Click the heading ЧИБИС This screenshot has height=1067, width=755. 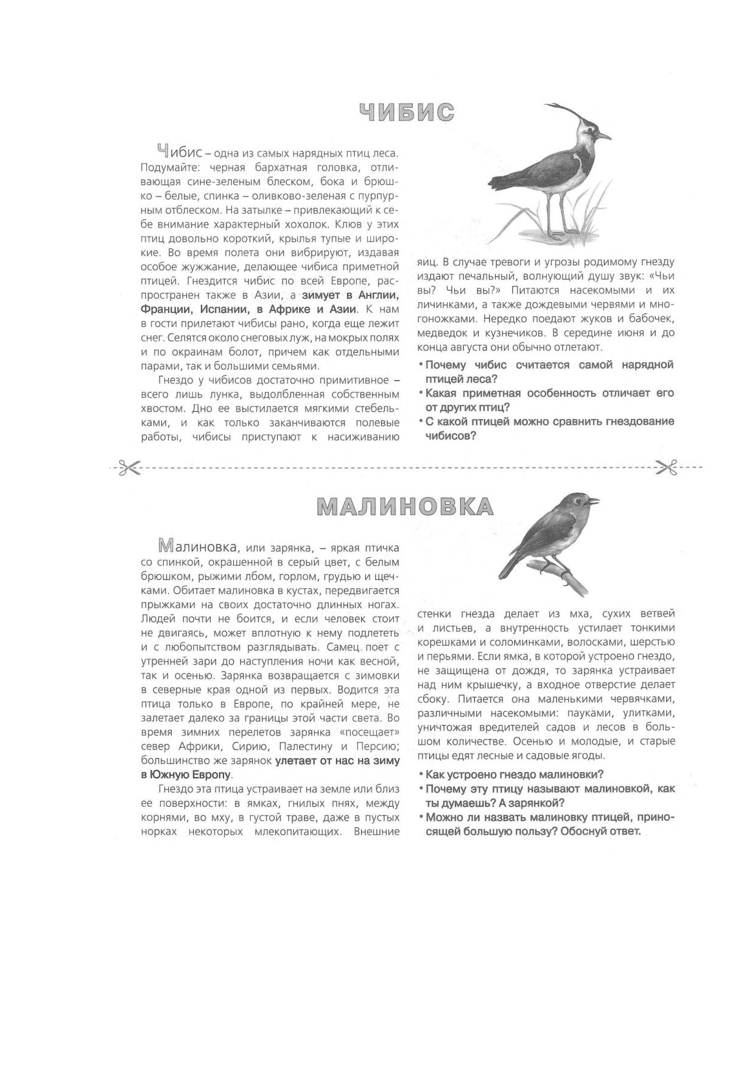(407, 113)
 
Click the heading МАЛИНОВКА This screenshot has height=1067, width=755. (405, 506)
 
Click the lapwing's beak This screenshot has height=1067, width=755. (603, 136)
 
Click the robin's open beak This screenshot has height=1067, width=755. (593, 501)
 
